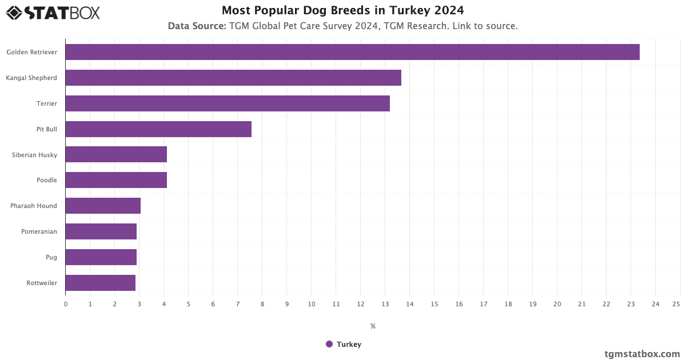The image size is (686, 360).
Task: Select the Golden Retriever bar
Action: (352, 52)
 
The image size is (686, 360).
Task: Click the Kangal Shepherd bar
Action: (233, 78)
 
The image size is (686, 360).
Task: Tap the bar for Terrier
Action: (228, 103)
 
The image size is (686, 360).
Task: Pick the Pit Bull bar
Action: (158, 129)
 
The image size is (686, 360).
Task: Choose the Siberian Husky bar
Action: (116, 154)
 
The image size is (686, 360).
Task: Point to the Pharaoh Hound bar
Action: (103, 206)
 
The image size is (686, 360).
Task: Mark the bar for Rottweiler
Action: (101, 283)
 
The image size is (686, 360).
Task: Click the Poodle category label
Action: (47, 180)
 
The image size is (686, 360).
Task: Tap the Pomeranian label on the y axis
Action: (39, 231)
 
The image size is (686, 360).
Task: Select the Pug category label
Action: (51, 257)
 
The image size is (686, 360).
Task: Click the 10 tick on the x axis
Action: (311, 304)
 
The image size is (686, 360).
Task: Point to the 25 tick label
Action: (676, 304)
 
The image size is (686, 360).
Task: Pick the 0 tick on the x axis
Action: (66, 304)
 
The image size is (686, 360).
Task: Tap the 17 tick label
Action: (484, 304)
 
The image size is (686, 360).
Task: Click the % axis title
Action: (373, 326)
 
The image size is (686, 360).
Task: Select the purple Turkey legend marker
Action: (329, 344)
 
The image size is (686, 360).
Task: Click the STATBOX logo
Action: (53, 13)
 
